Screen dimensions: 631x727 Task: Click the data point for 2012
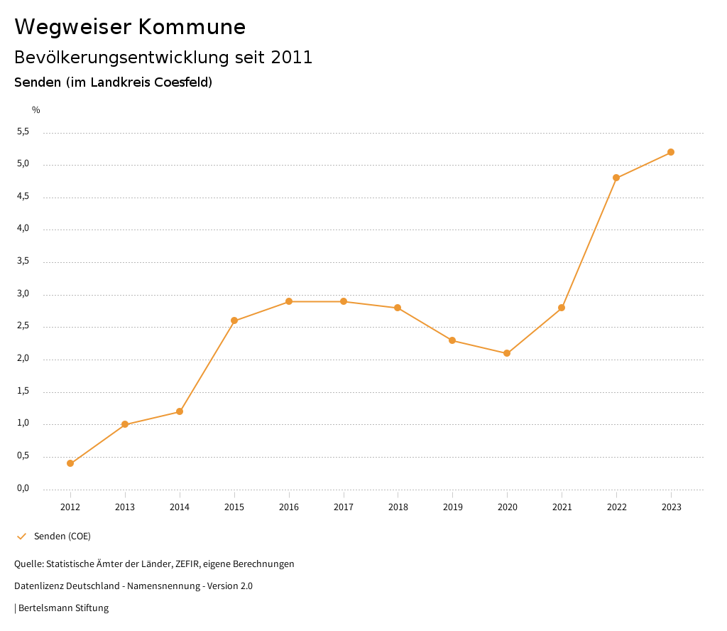[70, 463]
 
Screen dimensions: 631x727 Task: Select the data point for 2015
[234, 320]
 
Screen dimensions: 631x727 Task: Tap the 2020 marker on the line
[507, 353]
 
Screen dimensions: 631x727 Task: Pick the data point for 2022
[616, 178]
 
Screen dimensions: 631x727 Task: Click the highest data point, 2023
[671, 152]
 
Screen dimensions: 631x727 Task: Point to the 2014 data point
[180, 411]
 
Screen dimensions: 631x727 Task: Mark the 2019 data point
[452, 340]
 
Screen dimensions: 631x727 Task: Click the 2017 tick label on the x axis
[344, 507]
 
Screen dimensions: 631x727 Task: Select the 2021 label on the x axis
[562, 507]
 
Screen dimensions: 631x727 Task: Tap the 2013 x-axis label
[125, 507]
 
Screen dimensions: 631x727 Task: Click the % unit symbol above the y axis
[36, 109]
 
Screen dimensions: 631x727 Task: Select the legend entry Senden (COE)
[62, 536]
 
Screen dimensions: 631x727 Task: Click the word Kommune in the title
[192, 27]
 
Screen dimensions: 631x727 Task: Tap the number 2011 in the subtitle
[292, 58]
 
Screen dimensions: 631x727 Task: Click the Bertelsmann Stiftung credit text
[63, 608]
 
